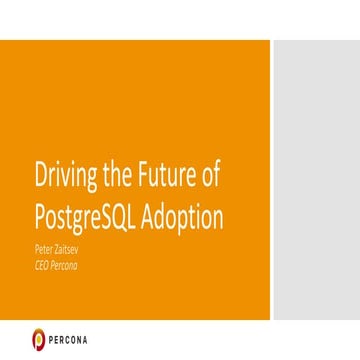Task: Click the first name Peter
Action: click(45, 243)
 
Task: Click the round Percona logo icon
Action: click(39, 338)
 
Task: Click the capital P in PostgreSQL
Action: click(40, 217)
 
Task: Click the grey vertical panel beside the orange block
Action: click(315, 180)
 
